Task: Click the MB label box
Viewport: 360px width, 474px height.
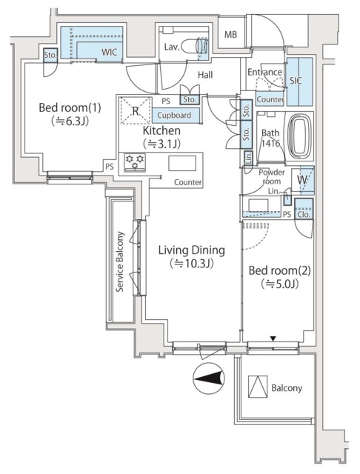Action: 231,34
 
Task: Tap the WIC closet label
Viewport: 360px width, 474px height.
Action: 109,53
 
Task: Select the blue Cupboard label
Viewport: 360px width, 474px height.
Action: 174,115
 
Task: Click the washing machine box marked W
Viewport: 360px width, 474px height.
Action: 304,179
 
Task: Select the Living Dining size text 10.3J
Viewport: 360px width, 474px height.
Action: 191,263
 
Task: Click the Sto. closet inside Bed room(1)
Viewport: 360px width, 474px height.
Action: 50,56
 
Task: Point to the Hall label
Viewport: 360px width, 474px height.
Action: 206,74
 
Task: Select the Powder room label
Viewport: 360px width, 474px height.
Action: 270,177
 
